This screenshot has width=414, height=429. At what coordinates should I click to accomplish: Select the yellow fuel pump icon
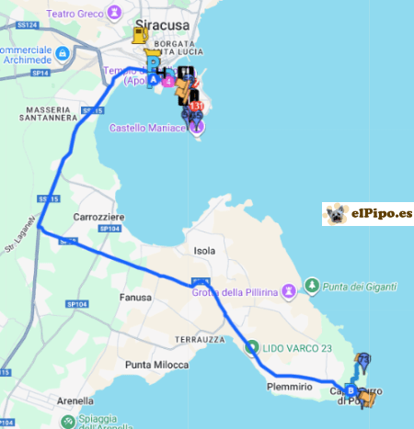[x=140, y=35]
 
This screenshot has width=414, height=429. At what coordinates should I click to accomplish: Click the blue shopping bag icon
[x=62, y=54]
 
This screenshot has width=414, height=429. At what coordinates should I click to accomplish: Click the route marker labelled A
[x=153, y=80]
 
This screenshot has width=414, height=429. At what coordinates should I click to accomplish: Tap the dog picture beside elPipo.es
[x=337, y=214]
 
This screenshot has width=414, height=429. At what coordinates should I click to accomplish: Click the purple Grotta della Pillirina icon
[x=290, y=290]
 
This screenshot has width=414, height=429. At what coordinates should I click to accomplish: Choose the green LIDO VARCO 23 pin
[x=252, y=346]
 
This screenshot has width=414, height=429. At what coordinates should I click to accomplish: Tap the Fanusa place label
[x=134, y=298]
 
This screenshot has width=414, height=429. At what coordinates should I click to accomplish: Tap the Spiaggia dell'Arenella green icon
[x=68, y=422]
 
